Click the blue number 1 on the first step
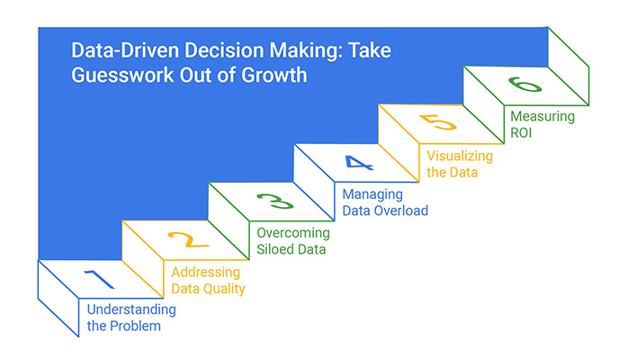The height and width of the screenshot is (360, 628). pyautogui.click(x=100, y=279)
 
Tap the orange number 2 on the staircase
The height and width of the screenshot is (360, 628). pyautogui.click(x=188, y=239)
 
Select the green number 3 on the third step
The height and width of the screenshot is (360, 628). pyautogui.click(x=275, y=202)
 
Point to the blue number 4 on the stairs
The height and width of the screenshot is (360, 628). pyautogui.click(x=359, y=163)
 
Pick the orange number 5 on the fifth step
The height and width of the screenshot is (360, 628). pyautogui.click(x=438, y=122)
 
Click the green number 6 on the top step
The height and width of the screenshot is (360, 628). pyautogui.click(x=525, y=85)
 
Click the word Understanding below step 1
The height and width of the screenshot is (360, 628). pyautogui.click(x=131, y=310)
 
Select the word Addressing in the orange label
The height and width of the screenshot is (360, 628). pyautogui.click(x=205, y=273)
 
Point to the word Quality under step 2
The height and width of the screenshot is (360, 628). pyautogui.click(x=224, y=290)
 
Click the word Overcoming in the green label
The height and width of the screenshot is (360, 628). pyautogui.click(x=293, y=233)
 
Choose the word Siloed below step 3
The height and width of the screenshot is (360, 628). pyautogui.click(x=271, y=249)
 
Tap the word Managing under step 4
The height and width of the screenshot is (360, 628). pyautogui.click(x=372, y=195)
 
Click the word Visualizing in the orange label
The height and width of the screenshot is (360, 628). pyautogui.click(x=460, y=157)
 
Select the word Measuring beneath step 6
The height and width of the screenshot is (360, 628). pyautogui.click(x=543, y=117)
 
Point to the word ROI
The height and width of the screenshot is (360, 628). pyautogui.click(x=521, y=132)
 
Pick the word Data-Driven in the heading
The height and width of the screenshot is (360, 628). pyautogui.click(x=125, y=50)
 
